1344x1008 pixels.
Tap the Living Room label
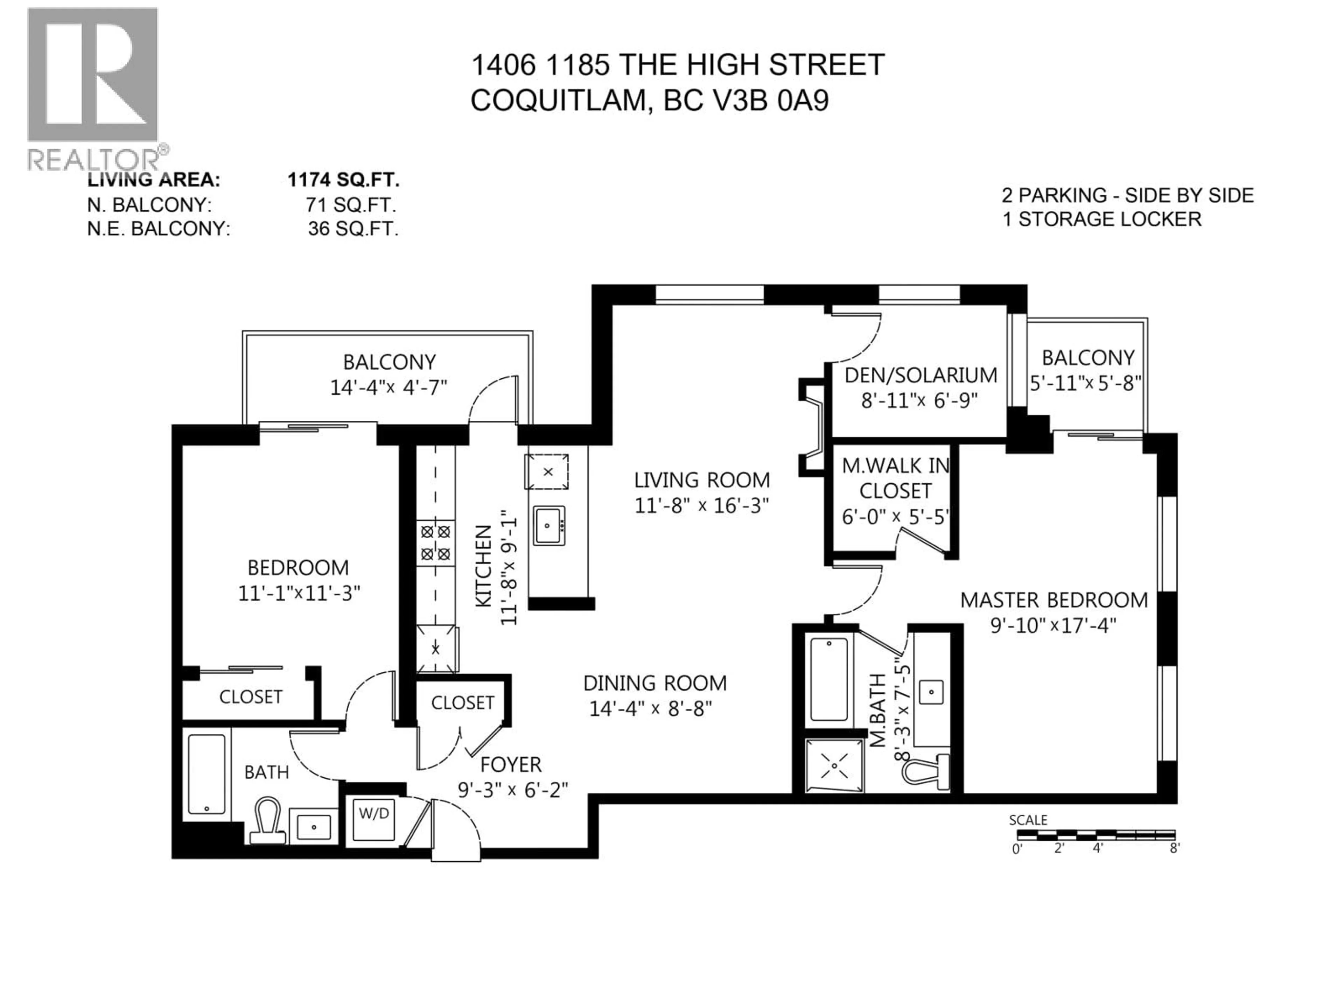(x=702, y=480)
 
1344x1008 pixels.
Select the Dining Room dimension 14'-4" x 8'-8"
(x=650, y=708)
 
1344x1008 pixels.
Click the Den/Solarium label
(x=920, y=376)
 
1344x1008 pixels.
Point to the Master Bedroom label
(x=1053, y=600)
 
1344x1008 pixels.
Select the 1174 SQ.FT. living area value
(x=343, y=180)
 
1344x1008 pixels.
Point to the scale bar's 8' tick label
(x=1175, y=848)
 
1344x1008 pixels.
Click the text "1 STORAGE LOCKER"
(x=1101, y=219)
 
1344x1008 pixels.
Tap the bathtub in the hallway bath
(x=206, y=773)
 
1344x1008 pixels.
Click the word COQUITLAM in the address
(x=558, y=100)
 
